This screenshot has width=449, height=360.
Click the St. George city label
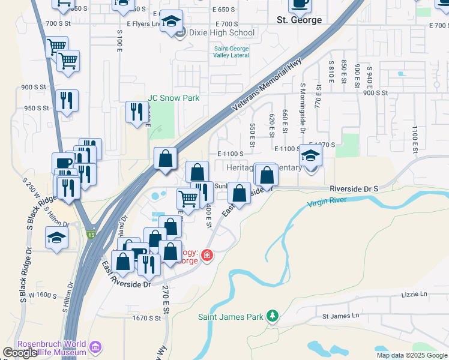point(299,20)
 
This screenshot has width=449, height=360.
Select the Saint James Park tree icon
point(273,316)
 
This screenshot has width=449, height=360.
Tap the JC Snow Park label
point(173,98)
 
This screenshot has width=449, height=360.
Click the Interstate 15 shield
point(91,233)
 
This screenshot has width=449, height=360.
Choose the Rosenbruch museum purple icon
point(94,347)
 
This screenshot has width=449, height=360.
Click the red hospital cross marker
point(207,256)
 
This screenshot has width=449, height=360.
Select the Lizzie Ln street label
point(415,294)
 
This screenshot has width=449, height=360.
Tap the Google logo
point(20,353)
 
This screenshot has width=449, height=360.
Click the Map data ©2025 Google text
point(412,355)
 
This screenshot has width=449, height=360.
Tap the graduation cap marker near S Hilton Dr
point(56,238)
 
